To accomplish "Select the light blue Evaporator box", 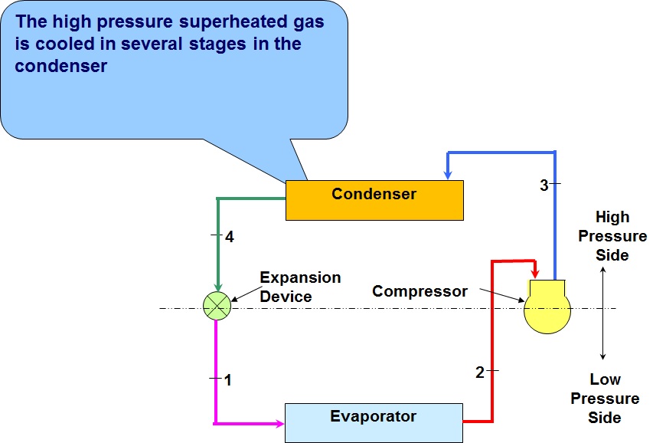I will [374, 422].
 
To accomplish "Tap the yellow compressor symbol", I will [547, 307].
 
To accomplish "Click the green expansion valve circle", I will [217, 307].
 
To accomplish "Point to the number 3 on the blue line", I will [544, 185].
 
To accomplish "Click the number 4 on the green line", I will [229, 238].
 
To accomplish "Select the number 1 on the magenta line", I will [227, 379].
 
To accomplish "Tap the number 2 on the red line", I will [480, 372].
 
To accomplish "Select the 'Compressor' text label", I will [420, 291].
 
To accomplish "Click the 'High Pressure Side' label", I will [612, 236].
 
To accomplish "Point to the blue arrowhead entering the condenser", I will [447, 174].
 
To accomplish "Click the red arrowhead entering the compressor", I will [534, 275].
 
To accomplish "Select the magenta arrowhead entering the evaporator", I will [278, 422].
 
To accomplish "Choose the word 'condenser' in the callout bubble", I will [60, 67].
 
